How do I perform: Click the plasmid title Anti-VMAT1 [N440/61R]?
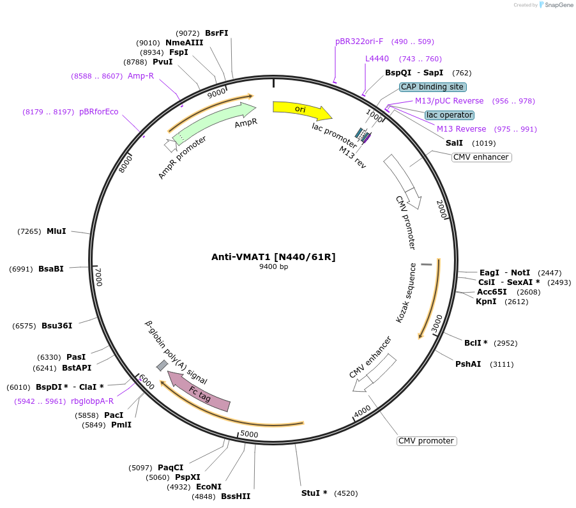[x=273, y=257]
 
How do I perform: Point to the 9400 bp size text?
[x=273, y=267]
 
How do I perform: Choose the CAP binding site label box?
[x=433, y=87]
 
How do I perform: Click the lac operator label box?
[x=450, y=115]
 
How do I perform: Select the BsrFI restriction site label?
[x=216, y=33]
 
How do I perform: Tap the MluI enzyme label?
[x=56, y=231]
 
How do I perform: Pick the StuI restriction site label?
[x=314, y=493]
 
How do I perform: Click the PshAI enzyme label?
[x=468, y=364]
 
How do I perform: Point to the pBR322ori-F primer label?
[x=359, y=42]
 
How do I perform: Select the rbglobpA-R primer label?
[x=92, y=401]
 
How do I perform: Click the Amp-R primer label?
[x=140, y=76]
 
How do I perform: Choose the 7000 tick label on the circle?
[x=98, y=276]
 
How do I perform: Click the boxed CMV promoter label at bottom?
[x=427, y=441]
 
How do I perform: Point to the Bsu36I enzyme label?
[x=57, y=326]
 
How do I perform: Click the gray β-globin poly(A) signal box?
[x=162, y=366]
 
